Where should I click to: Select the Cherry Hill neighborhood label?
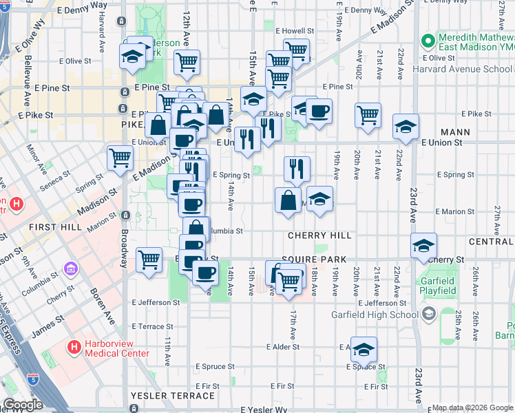319,235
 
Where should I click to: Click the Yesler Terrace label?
172,396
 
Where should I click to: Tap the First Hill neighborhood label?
51,226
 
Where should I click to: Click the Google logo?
23,405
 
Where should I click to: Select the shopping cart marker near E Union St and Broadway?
120,158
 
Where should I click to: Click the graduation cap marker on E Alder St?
364,349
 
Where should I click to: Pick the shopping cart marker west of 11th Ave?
149,260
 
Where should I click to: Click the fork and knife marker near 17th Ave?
297,168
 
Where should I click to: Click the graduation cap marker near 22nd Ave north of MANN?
406,126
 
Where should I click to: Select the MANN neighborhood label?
457,131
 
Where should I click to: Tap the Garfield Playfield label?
438,286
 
